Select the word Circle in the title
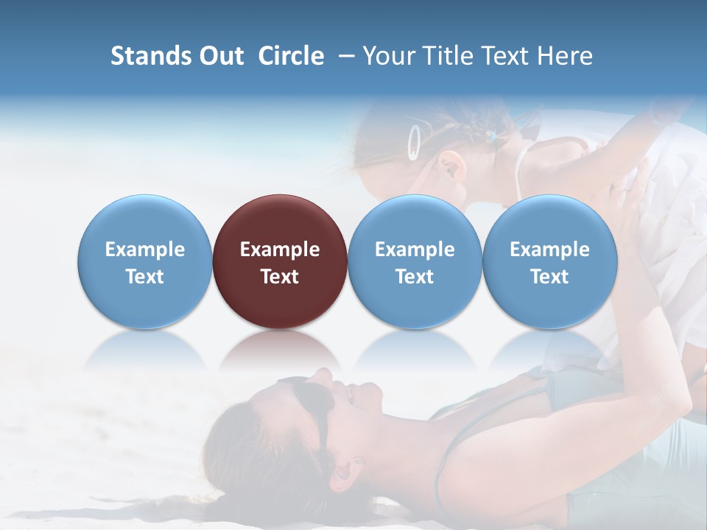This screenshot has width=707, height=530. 291,56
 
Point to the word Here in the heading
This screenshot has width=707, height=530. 566,56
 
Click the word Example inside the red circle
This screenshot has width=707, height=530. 280,250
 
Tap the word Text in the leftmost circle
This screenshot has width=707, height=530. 144,277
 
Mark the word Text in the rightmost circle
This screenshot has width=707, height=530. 550,277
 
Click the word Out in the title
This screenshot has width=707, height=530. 220,56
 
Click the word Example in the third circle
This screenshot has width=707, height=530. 415,250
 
